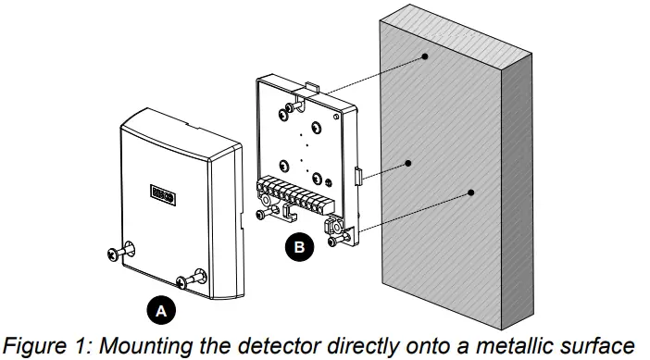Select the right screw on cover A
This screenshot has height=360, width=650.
pos(197,277)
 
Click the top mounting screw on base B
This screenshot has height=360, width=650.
pos(292,107)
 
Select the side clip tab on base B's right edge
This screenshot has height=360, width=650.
pos(357,175)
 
